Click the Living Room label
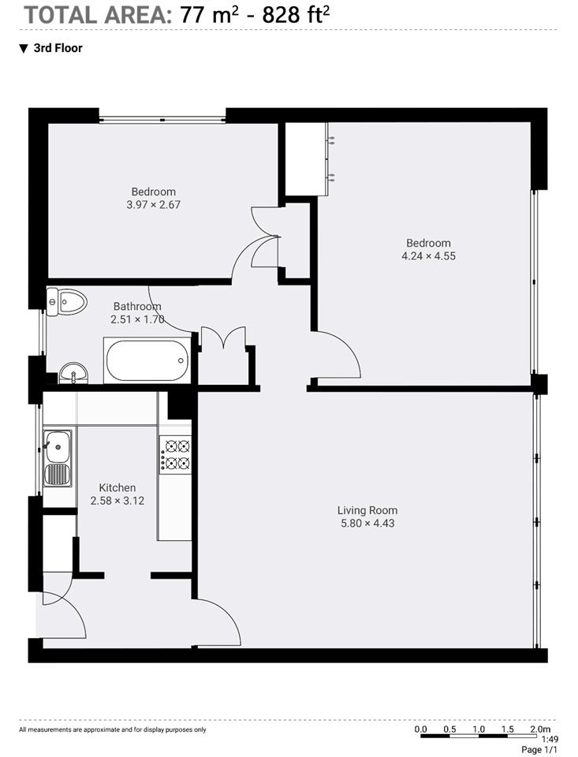click(367, 510)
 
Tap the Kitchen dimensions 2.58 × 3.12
click(117, 501)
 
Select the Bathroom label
click(137, 306)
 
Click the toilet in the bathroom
click(65, 302)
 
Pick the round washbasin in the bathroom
click(73, 373)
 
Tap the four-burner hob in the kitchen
click(175, 454)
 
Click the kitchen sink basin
click(58, 446)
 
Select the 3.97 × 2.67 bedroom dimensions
click(154, 205)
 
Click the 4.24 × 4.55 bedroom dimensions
click(429, 256)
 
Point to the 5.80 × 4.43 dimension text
click(367, 524)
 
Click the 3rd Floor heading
click(58, 48)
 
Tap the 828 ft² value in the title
click(296, 16)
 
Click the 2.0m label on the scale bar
click(540, 729)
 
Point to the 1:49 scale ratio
click(550, 740)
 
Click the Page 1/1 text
click(539, 750)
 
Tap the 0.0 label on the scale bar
click(420, 729)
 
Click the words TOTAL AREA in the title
click(95, 16)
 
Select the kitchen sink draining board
click(58, 474)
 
